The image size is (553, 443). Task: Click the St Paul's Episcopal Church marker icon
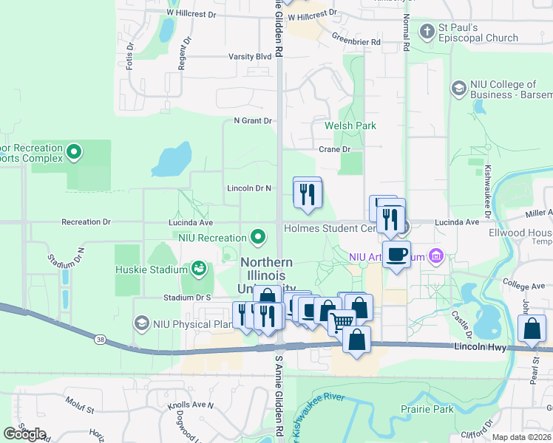point(427,32)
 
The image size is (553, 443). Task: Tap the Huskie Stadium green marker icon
point(198,269)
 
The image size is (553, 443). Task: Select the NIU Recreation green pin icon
point(257,237)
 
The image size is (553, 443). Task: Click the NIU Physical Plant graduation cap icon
point(141,323)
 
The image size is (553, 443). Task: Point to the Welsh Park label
point(350,126)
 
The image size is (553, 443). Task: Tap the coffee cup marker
point(396,255)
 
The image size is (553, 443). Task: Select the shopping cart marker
point(342,322)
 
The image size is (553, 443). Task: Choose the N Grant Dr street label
point(253,120)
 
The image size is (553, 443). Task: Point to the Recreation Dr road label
point(86,221)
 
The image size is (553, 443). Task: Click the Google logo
point(25,434)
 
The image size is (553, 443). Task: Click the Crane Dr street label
point(333,149)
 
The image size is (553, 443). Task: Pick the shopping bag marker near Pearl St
point(532,329)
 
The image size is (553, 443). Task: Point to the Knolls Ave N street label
point(189,405)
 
